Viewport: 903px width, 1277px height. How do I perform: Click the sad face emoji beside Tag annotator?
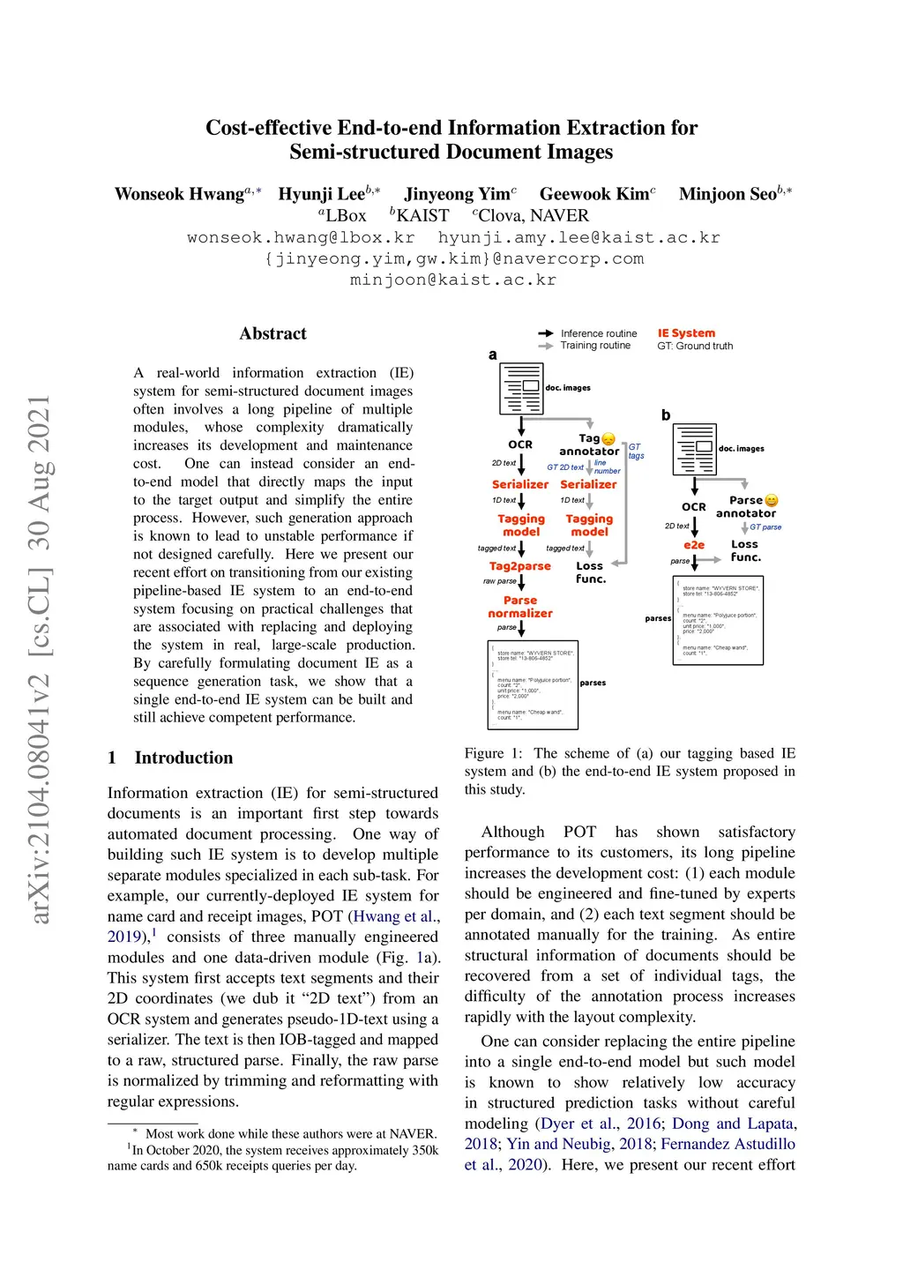[608, 439]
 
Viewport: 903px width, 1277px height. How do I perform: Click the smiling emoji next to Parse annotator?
[772, 501]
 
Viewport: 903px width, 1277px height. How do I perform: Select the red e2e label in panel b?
[694, 545]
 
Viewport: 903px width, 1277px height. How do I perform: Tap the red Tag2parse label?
[520, 566]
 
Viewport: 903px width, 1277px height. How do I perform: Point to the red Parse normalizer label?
[520, 607]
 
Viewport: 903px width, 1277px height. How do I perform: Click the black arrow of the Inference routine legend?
[546, 333]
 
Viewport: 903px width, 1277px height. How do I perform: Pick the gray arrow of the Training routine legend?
[546, 346]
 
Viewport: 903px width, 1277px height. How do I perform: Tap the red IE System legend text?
[686, 333]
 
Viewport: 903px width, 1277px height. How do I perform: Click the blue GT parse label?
[765, 527]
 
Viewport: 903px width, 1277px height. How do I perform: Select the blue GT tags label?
[636, 452]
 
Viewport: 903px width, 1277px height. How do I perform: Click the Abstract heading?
[272, 333]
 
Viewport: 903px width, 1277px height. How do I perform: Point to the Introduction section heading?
[183, 758]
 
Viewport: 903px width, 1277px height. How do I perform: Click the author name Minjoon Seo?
[728, 194]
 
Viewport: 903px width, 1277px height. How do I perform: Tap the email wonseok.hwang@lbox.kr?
[301, 237]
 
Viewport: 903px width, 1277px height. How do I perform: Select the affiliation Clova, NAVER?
[533, 215]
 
